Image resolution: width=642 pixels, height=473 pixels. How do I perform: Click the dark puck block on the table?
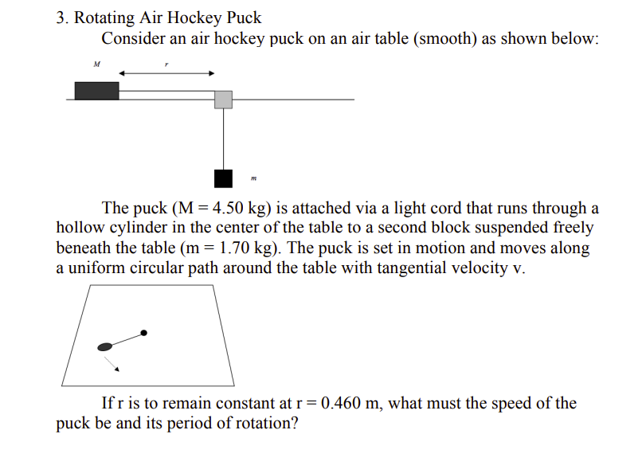[x=96, y=91]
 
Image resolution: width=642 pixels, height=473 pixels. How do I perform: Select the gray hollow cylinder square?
[x=224, y=99]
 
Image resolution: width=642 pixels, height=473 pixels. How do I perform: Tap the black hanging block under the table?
[x=224, y=178]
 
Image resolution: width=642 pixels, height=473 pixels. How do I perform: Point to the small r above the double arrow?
[x=166, y=64]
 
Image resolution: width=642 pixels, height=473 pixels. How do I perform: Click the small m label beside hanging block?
[x=253, y=178]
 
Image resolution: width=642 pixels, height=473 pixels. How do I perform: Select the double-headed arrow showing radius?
[x=166, y=73]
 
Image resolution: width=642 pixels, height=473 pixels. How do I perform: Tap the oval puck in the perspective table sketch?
[x=104, y=346]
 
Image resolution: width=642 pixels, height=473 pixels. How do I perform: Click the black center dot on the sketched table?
[x=143, y=332]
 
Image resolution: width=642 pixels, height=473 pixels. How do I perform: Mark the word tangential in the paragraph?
[x=380, y=268]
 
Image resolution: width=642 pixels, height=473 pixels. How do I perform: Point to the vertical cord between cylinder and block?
[x=224, y=139]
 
